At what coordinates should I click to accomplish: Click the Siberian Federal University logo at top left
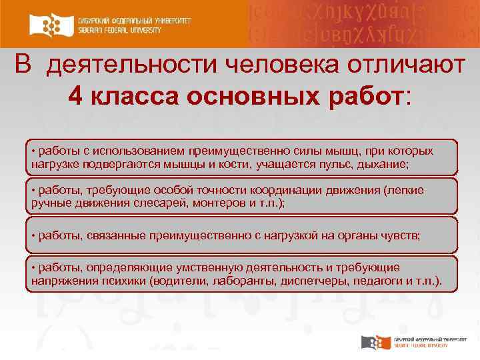111,25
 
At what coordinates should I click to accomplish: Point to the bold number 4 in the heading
76,97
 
